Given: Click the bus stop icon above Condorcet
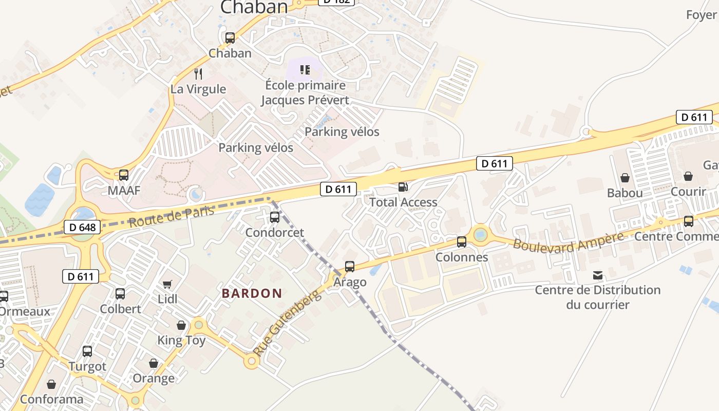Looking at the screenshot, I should click(x=275, y=217).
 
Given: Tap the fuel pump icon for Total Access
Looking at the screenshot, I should click(x=404, y=187).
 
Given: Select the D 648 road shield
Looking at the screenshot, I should click(x=82, y=227).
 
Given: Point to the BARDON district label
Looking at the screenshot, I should click(x=252, y=293).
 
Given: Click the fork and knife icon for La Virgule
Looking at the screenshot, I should click(x=199, y=74).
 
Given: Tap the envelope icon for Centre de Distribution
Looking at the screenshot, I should click(x=598, y=275).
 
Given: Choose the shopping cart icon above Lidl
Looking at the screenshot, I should click(x=167, y=284).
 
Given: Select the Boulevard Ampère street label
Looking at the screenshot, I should click(x=568, y=240).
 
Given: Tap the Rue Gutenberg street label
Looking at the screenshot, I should click(x=288, y=324).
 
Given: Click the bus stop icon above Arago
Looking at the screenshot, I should click(x=350, y=267).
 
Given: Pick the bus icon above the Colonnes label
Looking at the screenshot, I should click(x=462, y=242).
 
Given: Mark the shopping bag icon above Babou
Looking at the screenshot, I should click(x=625, y=178).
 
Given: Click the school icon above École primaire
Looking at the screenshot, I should click(x=306, y=70).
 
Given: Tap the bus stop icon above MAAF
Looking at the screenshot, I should click(x=124, y=175).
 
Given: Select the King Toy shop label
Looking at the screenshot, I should click(x=181, y=340).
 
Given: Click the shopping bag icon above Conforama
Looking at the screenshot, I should click(x=51, y=384).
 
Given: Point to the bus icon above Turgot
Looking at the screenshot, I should click(x=87, y=351).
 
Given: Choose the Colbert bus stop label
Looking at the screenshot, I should click(x=120, y=309).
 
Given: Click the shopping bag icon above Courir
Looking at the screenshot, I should click(x=688, y=176).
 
